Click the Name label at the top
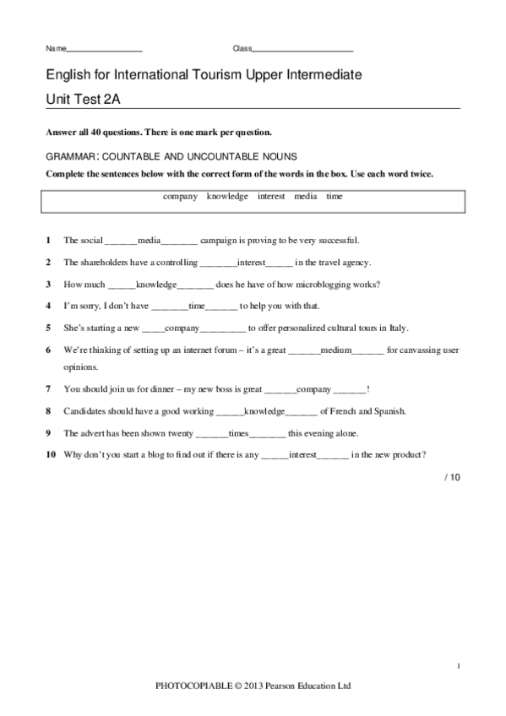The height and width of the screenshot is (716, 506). click(x=55, y=48)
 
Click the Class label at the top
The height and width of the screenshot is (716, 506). click(x=242, y=48)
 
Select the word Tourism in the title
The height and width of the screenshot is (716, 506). click(x=219, y=76)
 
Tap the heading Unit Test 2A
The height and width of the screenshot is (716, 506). click(x=84, y=99)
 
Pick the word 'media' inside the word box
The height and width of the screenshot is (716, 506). click(x=304, y=196)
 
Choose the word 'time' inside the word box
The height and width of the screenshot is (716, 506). click(x=335, y=196)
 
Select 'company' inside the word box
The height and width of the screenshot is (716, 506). click(x=179, y=196)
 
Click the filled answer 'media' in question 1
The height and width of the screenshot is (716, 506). click(x=149, y=240)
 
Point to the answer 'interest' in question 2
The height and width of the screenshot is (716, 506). click(x=252, y=262)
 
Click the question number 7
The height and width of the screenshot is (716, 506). click(x=49, y=390)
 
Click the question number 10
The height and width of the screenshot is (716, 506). click(x=51, y=454)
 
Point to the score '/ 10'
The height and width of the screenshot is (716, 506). click(x=452, y=477)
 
